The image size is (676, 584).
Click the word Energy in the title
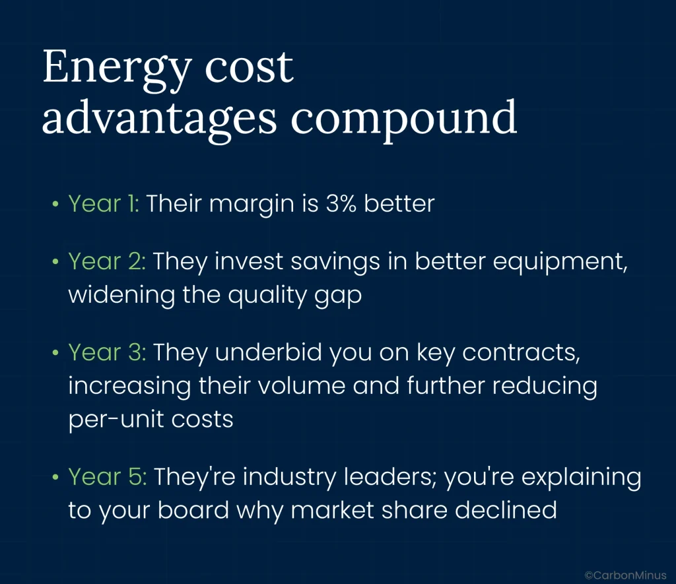117,70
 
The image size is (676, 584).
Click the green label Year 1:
104,203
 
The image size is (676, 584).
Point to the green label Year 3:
108,352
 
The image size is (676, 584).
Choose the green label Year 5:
108,476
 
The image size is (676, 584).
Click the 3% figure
341,203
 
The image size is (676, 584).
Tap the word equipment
560,263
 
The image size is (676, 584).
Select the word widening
121,296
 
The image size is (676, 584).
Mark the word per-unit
116,420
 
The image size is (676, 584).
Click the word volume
301,385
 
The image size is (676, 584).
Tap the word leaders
390,478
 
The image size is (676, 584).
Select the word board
193,510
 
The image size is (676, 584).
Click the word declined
506,510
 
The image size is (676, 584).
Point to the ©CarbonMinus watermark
625,575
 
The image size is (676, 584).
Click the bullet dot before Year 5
55,478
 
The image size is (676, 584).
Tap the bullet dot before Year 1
55,204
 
